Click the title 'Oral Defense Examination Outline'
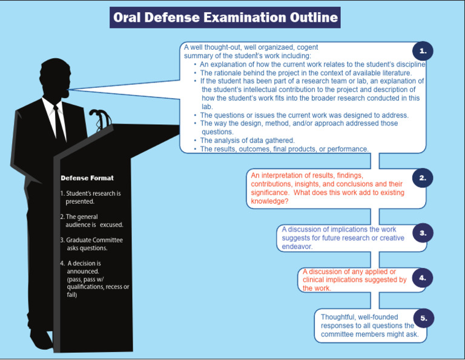click(225, 18)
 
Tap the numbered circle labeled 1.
click(423, 51)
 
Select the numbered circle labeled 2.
click(423, 178)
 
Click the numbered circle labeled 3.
click(423, 233)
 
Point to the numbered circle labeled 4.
click(423, 278)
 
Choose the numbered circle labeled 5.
click(423, 318)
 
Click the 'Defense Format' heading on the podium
click(87, 178)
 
